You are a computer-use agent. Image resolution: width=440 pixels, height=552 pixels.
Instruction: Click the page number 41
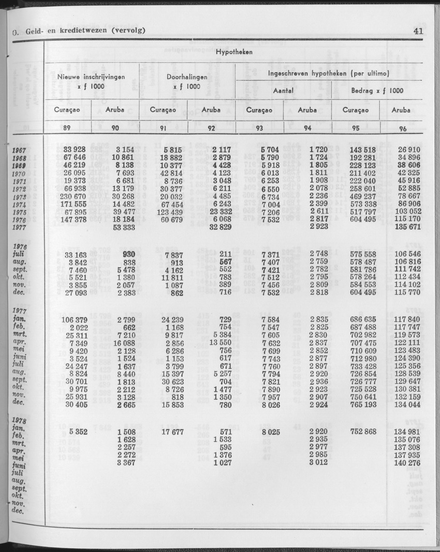419,31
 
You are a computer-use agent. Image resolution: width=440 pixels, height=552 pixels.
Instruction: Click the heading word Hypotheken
233,52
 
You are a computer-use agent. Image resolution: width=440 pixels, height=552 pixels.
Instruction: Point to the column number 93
259,129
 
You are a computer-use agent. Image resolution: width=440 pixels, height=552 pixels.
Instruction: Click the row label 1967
19,150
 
